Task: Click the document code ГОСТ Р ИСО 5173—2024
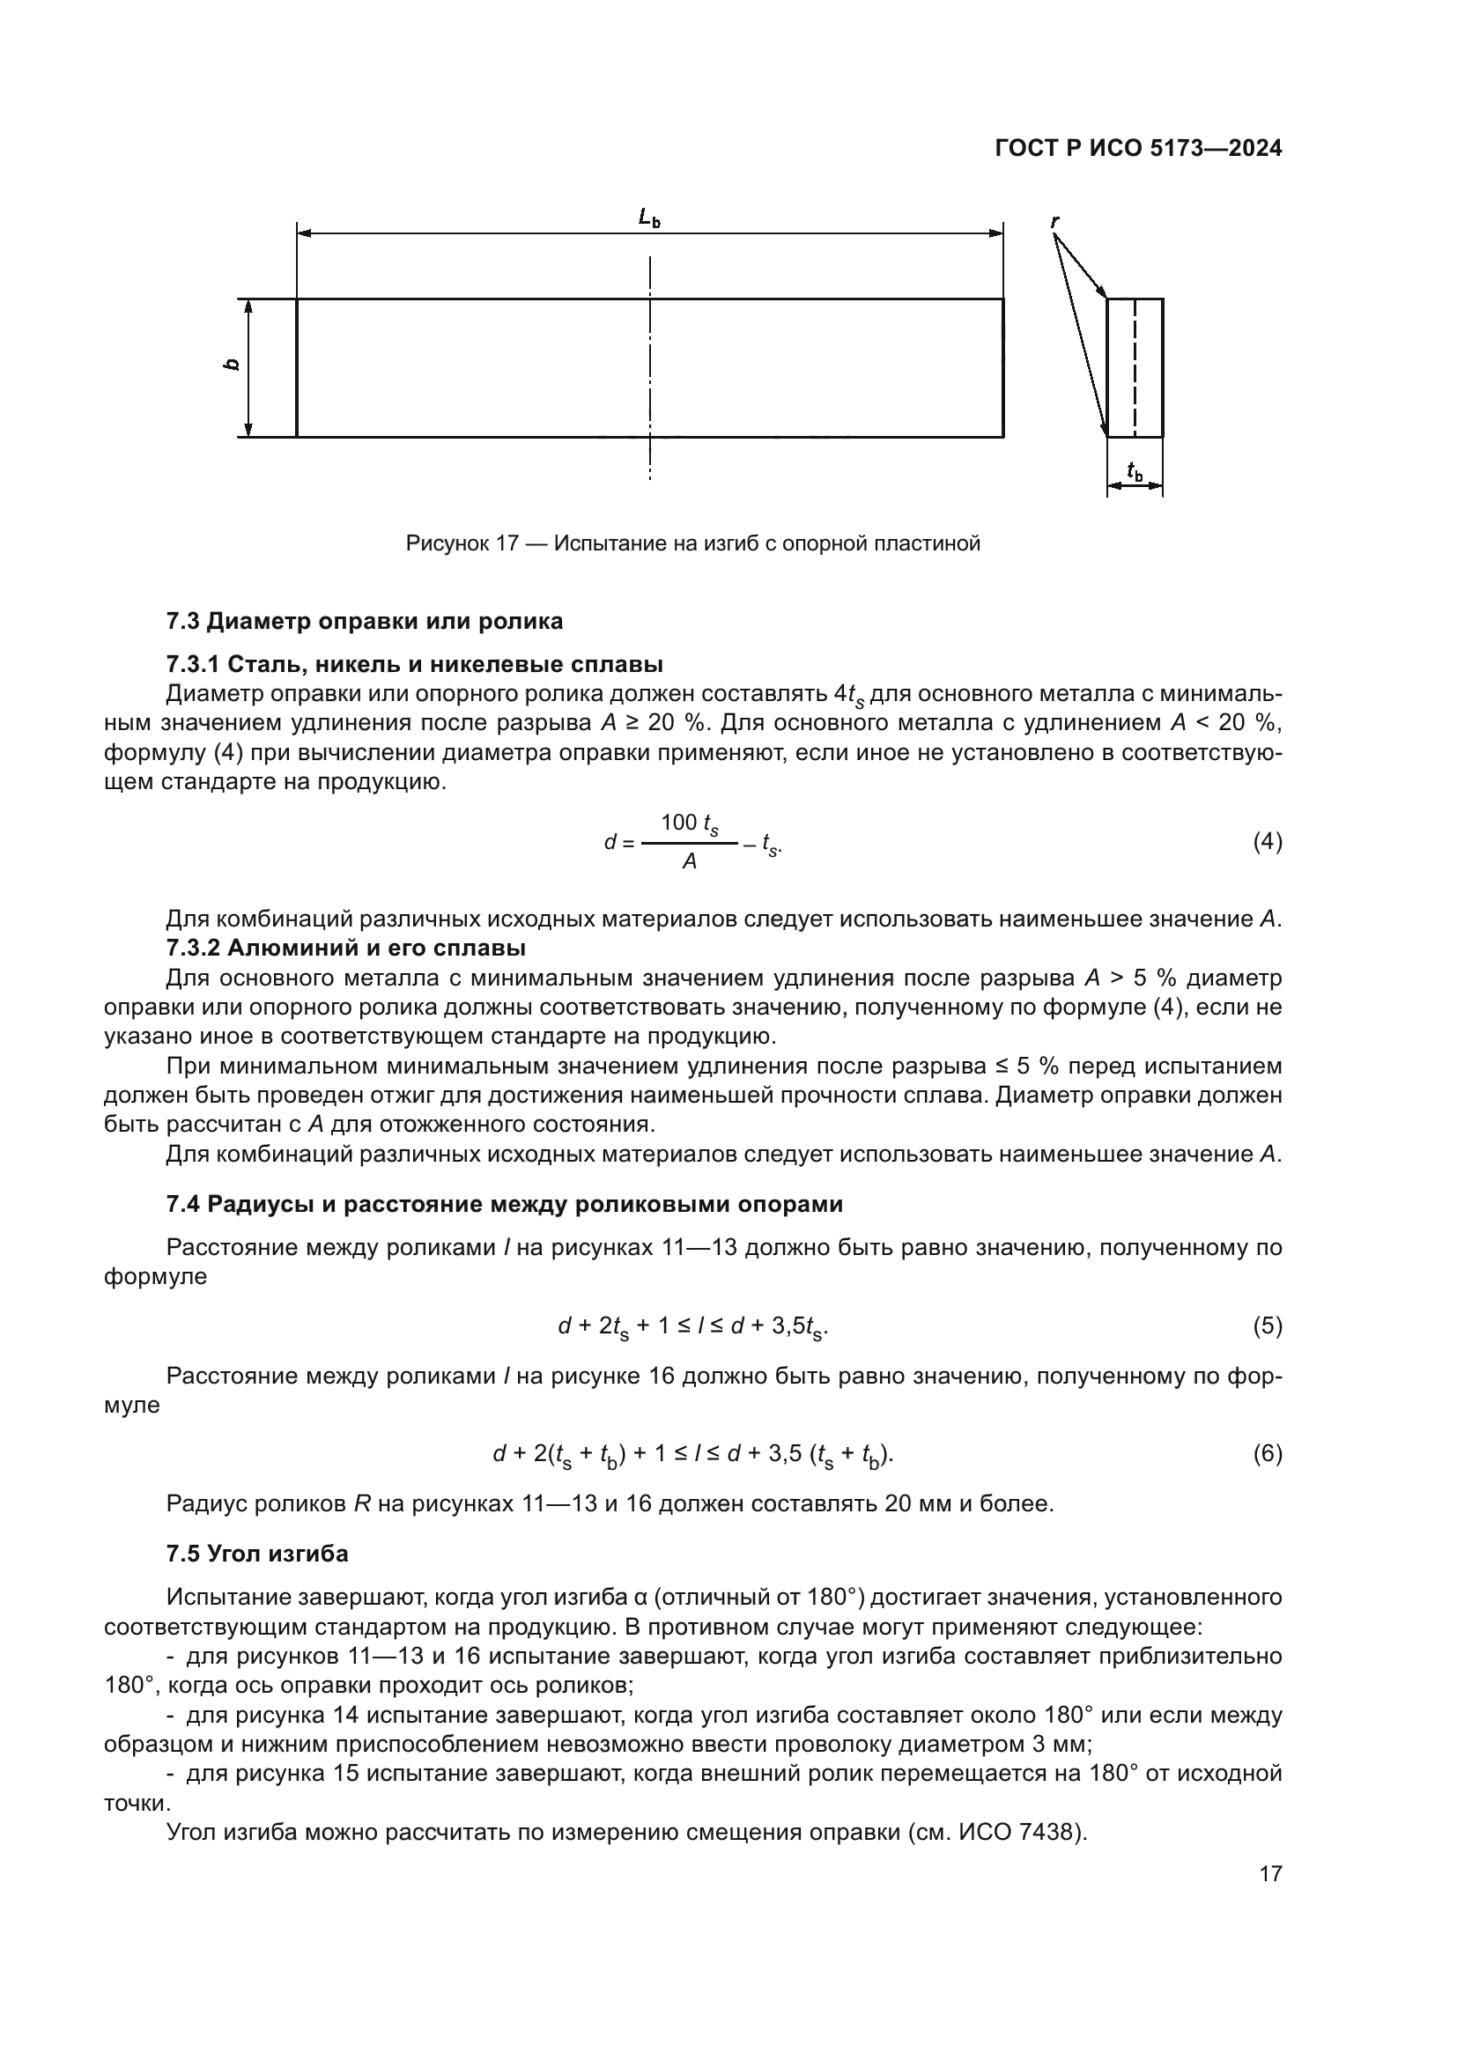click(1137, 149)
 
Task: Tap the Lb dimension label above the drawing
click(649, 218)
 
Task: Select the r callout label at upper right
click(1056, 220)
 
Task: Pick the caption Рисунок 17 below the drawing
click(692, 543)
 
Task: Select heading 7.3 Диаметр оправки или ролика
click(365, 621)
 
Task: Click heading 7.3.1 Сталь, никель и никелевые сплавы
click(415, 665)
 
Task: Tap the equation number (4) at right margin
click(1267, 842)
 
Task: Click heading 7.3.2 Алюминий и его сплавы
click(346, 948)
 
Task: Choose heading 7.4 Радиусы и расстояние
click(504, 1204)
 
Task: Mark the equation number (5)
click(1267, 1325)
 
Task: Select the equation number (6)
click(1267, 1453)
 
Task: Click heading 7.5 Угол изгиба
click(257, 1554)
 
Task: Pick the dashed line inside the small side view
click(1135, 368)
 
